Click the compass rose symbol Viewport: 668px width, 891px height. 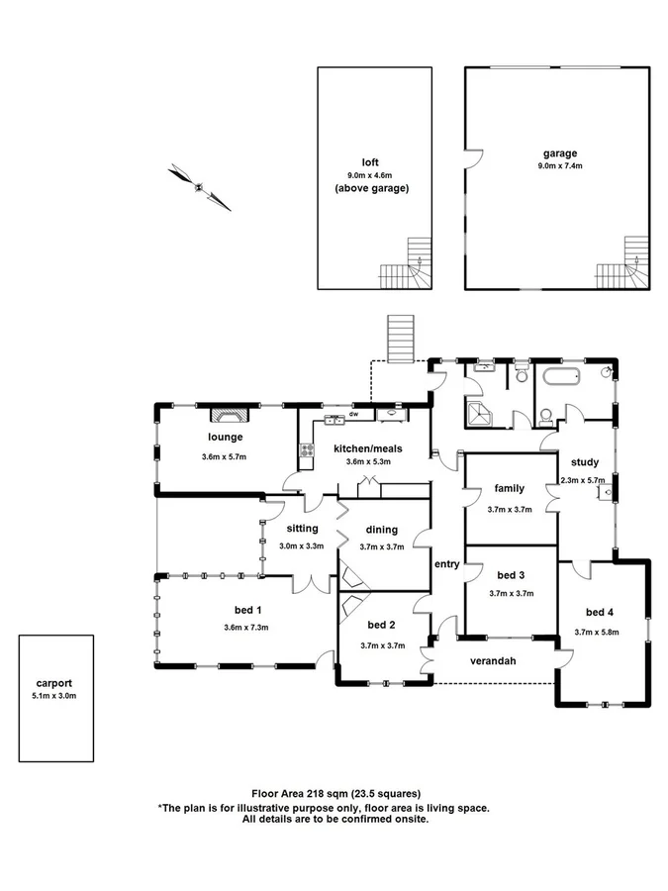200,186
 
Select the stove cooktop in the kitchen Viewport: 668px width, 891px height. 307,452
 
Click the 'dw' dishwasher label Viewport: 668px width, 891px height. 353,415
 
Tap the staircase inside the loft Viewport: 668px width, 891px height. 409,264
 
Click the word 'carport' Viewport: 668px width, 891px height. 55,683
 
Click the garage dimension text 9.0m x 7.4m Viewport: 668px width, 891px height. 559,166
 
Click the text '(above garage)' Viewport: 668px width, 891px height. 371,188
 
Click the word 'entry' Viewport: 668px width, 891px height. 446,564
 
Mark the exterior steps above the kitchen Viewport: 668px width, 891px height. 401,339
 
